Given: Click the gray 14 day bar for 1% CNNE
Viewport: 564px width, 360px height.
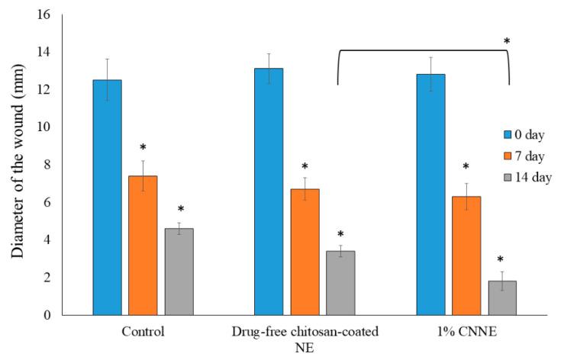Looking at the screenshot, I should tap(502, 297).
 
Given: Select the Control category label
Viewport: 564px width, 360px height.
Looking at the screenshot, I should tap(143, 333).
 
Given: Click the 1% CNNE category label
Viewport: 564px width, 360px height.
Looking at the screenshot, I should tap(466, 333).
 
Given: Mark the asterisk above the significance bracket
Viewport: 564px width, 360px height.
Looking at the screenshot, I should tap(507, 40).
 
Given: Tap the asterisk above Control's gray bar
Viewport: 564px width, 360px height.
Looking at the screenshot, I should tap(180, 209).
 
